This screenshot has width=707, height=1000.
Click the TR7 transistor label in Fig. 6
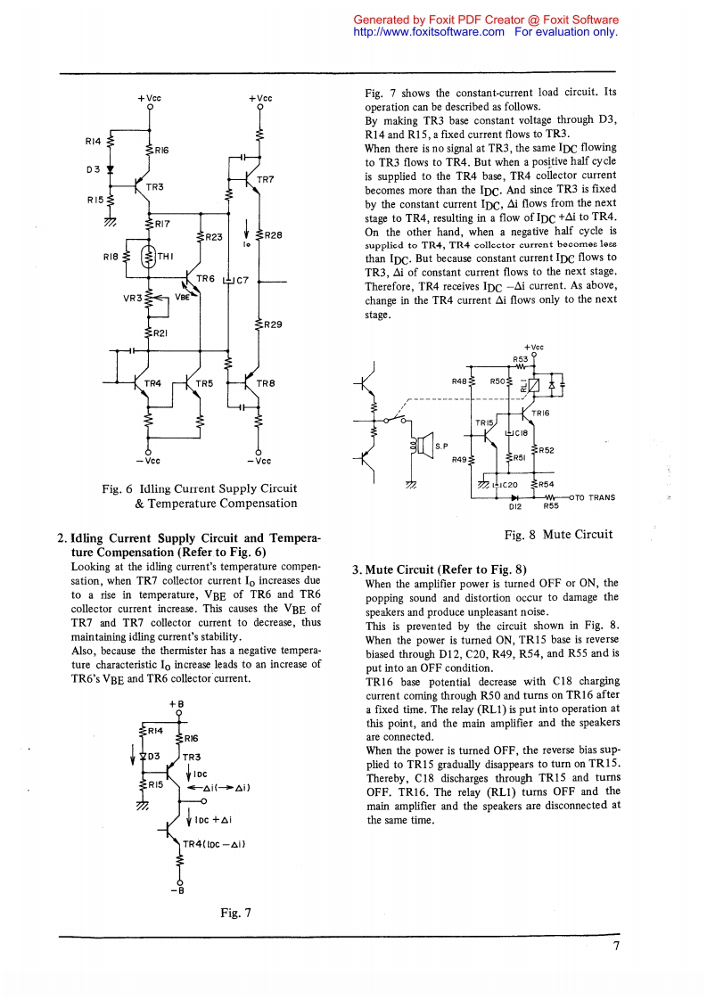coord(265,178)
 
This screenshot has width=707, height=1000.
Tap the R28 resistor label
coord(273,235)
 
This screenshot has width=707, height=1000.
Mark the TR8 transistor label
coord(265,383)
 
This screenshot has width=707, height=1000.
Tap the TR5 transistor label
coord(204,383)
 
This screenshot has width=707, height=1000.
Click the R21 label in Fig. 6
coord(159,332)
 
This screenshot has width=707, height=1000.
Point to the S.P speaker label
coord(440,446)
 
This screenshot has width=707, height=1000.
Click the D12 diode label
coord(514,506)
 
